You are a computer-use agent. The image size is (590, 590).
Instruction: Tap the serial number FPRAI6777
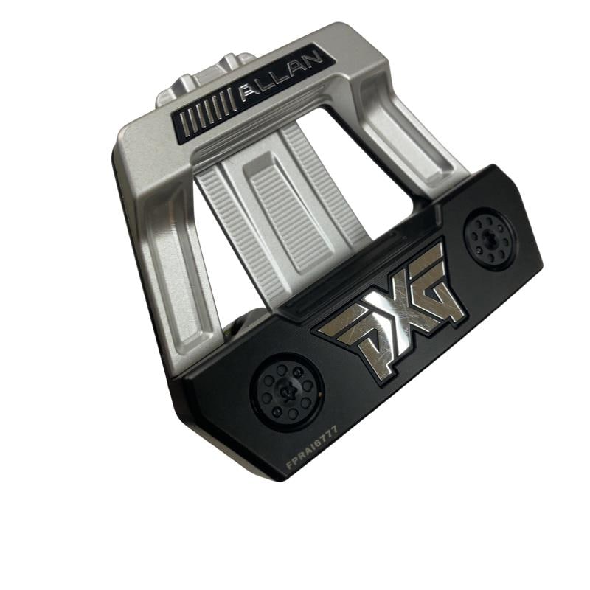tap(312, 447)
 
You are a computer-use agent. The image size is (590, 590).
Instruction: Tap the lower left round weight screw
tap(288, 392)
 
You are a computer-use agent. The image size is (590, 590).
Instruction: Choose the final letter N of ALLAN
tap(313, 60)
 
